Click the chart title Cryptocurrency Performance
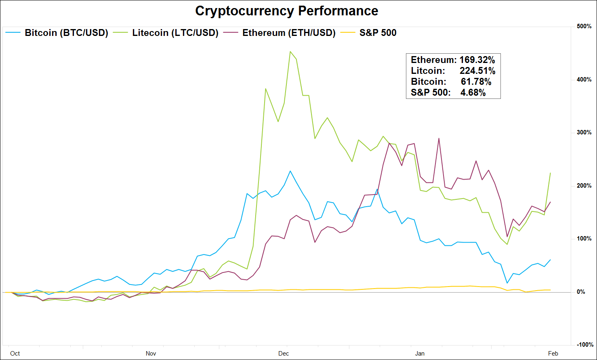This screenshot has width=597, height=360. tap(286, 11)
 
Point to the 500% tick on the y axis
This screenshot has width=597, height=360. tap(584, 27)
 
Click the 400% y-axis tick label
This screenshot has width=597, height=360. tap(584, 80)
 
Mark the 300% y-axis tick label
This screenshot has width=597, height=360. tap(584, 133)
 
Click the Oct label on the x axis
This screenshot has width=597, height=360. tap(15, 354)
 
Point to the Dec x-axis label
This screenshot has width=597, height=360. tap(284, 354)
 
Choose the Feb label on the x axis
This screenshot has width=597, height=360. tap(553, 354)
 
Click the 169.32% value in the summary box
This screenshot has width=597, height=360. tap(477, 60)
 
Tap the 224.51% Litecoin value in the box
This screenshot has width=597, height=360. tap(477, 71)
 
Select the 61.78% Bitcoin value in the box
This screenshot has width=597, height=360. tap(476, 82)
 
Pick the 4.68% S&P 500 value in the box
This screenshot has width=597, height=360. tap(473, 93)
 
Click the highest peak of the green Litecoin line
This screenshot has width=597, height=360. tap(290, 52)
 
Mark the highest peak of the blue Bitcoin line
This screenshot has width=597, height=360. tap(290, 171)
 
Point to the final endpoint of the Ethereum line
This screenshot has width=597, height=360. tap(550, 202)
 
